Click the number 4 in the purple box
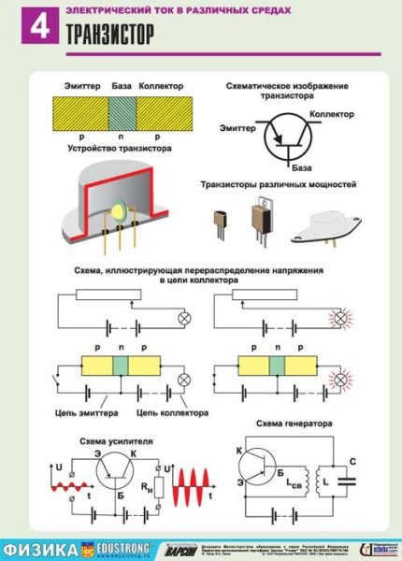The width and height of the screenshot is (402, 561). tap(38, 27)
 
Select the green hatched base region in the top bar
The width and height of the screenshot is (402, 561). tap(122, 118)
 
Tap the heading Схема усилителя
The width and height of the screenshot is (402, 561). tap(101, 439)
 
